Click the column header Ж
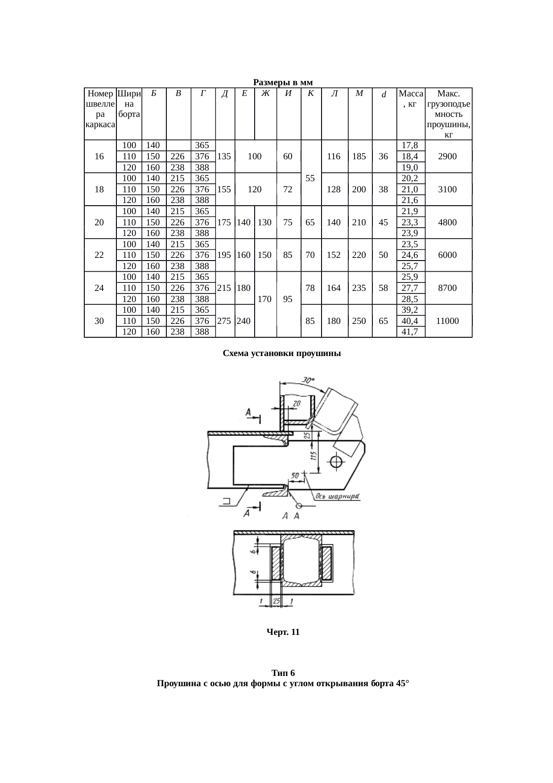point(265,94)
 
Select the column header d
point(384,95)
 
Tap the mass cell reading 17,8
point(409,145)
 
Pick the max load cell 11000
point(447,321)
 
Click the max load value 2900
point(447,156)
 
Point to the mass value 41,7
point(409,331)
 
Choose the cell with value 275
point(224,321)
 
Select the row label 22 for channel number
point(99,255)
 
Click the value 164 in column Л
point(334,288)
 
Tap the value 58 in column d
point(383,288)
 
